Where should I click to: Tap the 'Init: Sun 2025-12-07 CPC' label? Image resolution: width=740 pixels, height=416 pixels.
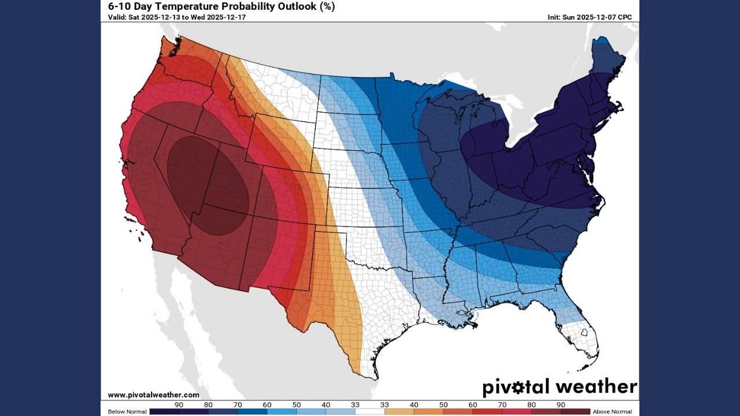click(589, 17)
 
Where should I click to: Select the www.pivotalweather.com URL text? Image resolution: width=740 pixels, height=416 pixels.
click(154, 395)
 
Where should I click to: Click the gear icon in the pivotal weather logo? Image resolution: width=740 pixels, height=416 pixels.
click(518, 387)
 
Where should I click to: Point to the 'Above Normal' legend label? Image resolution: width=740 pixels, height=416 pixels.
click(612, 411)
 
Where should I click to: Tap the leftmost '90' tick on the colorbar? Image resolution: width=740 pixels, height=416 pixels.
click(179, 404)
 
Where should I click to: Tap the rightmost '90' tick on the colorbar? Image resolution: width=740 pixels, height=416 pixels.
click(561, 404)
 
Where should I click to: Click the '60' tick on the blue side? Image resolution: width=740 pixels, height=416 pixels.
click(267, 404)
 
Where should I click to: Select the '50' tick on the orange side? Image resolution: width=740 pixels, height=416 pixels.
click(443, 404)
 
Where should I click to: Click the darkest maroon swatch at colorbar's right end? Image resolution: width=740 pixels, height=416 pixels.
click(576, 411)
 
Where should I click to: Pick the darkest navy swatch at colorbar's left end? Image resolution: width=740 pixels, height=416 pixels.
click(164, 411)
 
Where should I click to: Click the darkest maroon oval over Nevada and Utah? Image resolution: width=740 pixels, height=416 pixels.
click(208, 185)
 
